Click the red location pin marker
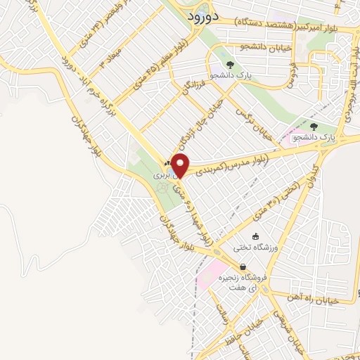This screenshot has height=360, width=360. pos(181,167)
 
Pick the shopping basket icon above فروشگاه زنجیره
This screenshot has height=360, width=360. pos(243,267)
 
